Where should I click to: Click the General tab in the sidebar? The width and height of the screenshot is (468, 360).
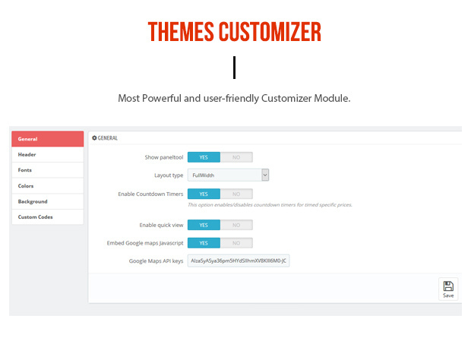click(47, 139)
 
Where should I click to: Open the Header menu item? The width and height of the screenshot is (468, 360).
click(47, 154)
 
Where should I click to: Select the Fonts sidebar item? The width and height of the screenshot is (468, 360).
click(47, 170)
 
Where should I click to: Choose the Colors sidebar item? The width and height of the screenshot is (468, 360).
click(47, 186)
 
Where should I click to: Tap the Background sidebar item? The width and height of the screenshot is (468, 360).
click(47, 201)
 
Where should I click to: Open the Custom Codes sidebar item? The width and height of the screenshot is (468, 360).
click(47, 216)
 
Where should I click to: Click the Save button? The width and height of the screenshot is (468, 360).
click(448, 289)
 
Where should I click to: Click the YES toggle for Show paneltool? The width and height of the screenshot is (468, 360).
click(204, 157)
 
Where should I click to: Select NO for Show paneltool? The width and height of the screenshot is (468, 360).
click(236, 157)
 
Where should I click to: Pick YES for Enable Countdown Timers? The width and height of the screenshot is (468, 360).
click(204, 194)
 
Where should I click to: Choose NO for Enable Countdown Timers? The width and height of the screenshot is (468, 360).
click(236, 194)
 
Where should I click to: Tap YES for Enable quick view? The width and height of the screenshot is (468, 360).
click(204, 225)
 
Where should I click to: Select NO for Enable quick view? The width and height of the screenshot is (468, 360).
click(236, 225)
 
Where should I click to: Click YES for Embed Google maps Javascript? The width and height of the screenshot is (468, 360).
click(204, 243)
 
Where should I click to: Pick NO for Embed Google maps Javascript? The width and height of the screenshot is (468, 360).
click(236, 243)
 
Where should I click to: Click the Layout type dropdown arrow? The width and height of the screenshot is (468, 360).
click(265, 175)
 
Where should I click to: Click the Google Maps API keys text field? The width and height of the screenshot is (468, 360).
click(239, 261)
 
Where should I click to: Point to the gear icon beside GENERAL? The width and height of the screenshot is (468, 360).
click(94, 137)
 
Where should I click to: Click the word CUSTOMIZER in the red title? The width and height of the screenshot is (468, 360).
click(270, 32)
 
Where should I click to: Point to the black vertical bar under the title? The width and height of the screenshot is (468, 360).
click(234, 68)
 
